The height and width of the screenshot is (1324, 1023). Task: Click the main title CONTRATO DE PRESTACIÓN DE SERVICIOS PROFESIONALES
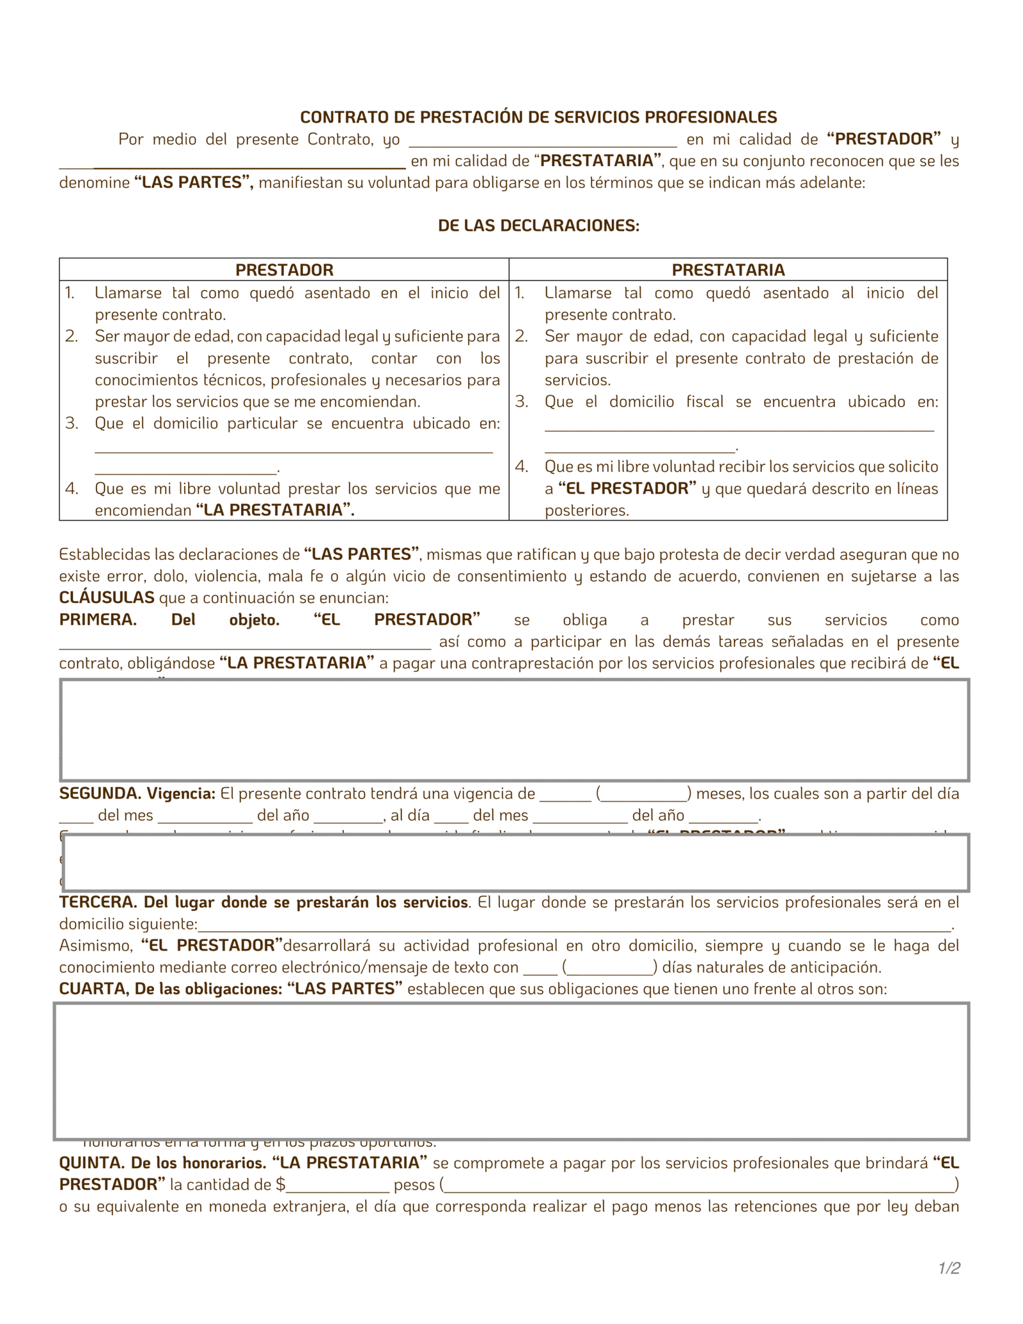click(x=538, y=117)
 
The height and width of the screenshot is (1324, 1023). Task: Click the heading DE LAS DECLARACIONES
click(x=538, y=226)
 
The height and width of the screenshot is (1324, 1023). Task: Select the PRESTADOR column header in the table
click(x=284, y=270)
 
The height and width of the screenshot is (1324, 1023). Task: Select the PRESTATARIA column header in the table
click(x=728, y=270)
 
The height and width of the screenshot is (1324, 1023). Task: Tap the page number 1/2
click(x=949, y=1268)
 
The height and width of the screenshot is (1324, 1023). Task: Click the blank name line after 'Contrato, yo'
click(x=542, y=142)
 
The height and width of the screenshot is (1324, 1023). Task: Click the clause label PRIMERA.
click(x=98, y=620)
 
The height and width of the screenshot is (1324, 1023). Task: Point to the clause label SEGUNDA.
click(x=100, y=794)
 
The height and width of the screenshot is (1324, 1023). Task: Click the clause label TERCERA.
click(x=98, y=903)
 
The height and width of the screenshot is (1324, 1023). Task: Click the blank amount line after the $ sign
click(x=338, y=1188)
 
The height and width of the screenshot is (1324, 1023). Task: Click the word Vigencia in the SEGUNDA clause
click(x=181, y=794)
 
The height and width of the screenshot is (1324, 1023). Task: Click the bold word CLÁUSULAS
click(x=107, y=598)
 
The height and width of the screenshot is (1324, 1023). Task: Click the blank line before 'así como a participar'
click(x=245, y=644)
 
